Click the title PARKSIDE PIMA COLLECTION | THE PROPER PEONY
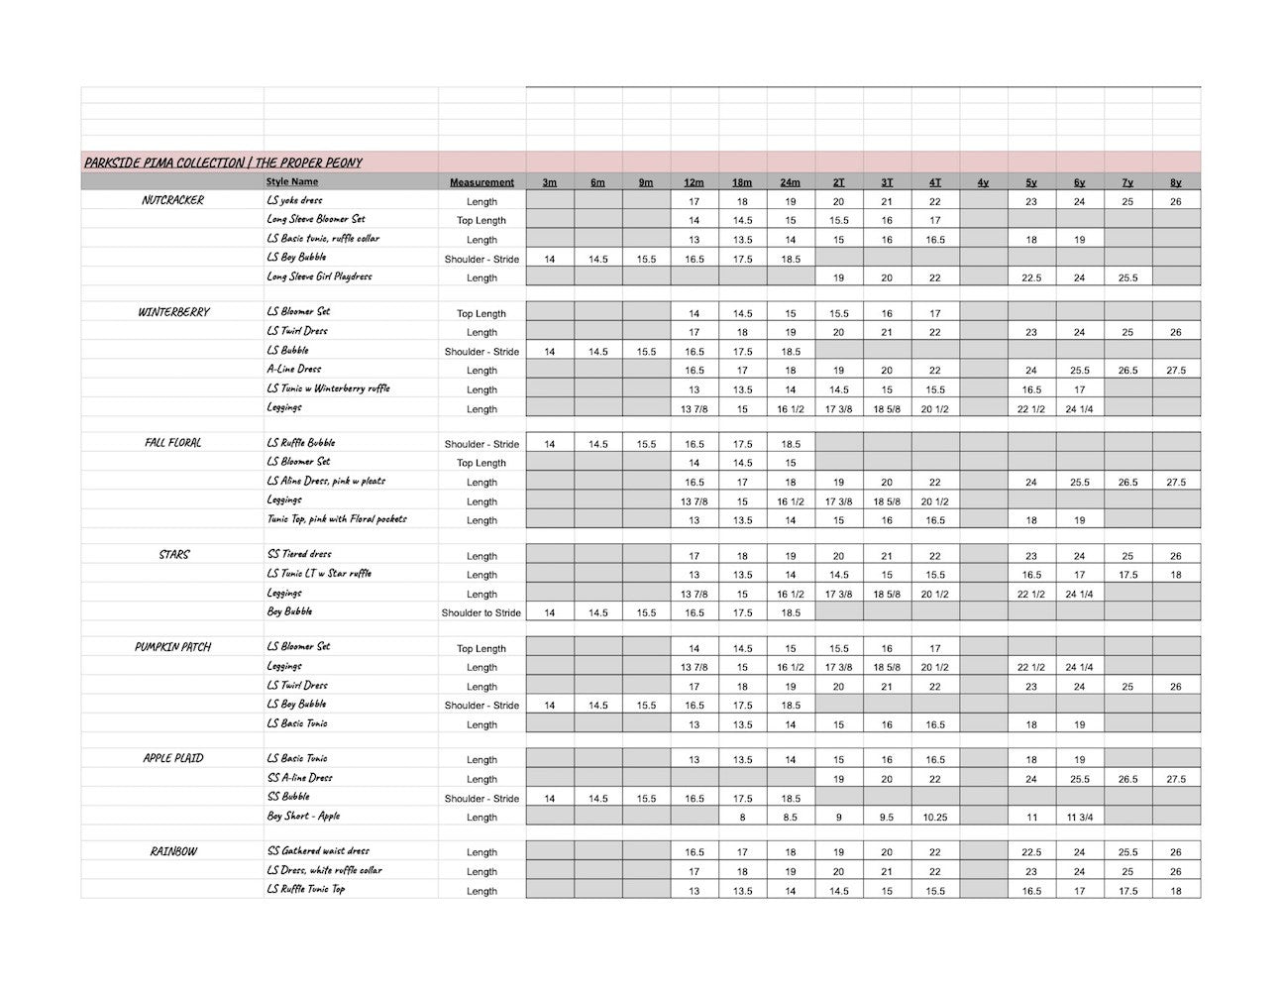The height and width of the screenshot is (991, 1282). click(x=223, y=163)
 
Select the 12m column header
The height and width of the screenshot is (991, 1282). click(x=694, y=182)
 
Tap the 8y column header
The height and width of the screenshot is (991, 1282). click(x=1175, y=182)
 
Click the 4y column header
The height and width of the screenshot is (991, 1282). click(x=983, y=182)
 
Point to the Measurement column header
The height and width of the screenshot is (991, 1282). click(x=481, y=182)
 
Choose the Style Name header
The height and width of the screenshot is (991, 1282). click(x=292, y=182)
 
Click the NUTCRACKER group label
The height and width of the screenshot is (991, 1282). click(x=172, y=200)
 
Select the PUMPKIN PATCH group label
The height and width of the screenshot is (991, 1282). click(x=172, y=647)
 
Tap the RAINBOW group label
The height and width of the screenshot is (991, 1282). click(x=173, y=851)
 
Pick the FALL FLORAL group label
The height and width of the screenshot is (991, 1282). click(x=172, y=443)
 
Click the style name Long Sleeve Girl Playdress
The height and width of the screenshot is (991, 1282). click(x=319, y=276)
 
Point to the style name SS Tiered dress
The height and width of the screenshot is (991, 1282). click(x=299, y=554)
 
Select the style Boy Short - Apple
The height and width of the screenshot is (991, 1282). click(x=303, y=816)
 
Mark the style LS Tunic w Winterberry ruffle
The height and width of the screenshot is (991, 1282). click(x=328, y=388)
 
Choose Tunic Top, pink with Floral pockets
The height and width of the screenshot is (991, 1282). click(x=337, y=518)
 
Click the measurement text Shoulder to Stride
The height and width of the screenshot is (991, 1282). click(x=481, y=612)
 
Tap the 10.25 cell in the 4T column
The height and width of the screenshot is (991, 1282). click(x=934, y=818)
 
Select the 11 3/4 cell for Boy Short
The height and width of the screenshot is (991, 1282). click(x=1079, y=818)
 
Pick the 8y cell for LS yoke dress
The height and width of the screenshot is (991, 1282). click(x=1175, y=201)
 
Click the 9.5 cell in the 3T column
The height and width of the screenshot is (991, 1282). click(x=887, y=818)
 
